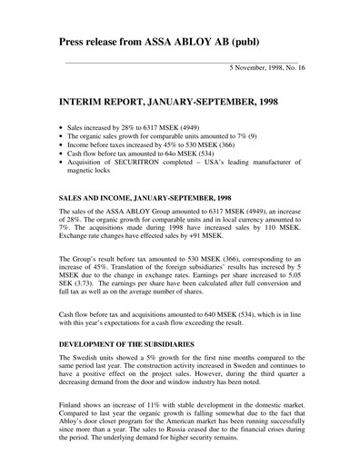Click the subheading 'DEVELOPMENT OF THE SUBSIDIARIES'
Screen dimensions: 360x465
[x=129, y=345]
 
